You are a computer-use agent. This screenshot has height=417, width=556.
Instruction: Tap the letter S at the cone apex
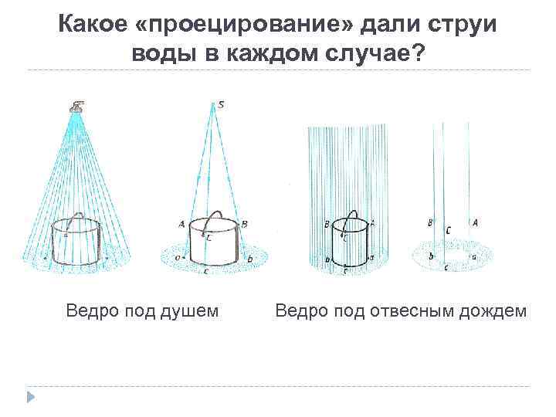coord(221,105)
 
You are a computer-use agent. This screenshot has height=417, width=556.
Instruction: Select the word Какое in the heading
coord(96,25)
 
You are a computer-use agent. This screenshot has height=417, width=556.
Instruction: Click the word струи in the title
coord(463,25)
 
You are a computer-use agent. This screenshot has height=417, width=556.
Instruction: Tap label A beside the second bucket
coord(181,224)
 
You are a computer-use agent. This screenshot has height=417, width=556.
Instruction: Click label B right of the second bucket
coord(244,223)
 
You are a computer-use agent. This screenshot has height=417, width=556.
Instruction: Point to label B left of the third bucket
coord(327,223)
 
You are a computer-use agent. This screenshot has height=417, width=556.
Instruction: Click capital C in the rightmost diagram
coord(449,230)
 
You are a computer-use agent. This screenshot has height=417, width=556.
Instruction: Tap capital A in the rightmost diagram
coord(475,222)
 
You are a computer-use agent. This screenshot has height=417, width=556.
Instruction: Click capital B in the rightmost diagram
coord(429,223)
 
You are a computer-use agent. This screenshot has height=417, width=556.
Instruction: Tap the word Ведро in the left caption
coord(89,311)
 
